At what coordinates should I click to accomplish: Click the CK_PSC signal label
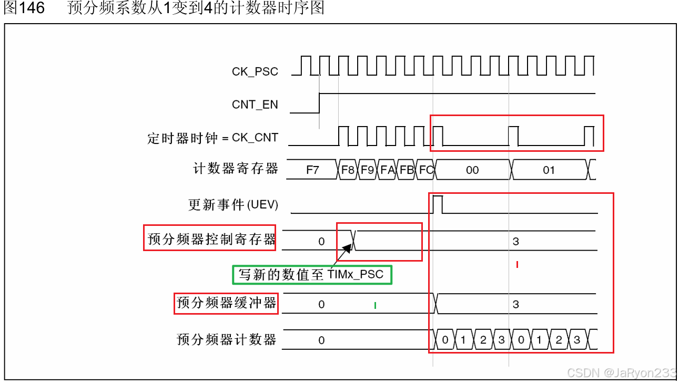255,72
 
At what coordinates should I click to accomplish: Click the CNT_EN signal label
255,105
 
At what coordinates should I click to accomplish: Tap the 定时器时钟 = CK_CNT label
212,139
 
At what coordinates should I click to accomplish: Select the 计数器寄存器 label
236,169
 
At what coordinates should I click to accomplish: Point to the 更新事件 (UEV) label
233,205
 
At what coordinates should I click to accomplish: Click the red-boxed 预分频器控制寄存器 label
210,238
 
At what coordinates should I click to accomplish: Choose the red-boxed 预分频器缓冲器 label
226,303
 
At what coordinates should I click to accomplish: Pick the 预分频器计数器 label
226,339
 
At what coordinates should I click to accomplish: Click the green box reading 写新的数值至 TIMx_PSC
312,274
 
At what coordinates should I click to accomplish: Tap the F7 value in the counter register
312,170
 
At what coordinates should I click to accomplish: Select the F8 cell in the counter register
348,170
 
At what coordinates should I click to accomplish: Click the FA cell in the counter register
387,170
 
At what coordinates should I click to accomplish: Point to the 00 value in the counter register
472,170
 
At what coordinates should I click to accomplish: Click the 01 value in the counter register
549,170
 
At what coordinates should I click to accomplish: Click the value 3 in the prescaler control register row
516,242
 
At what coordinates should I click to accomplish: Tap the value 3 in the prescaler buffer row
516,305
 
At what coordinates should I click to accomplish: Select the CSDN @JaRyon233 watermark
622,373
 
